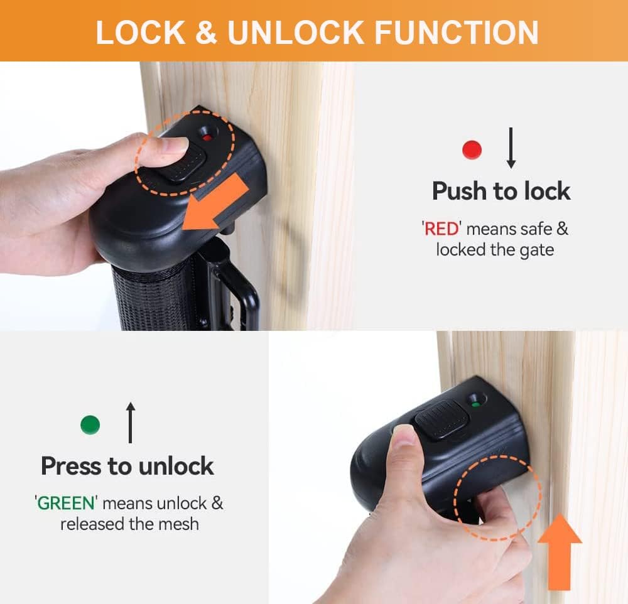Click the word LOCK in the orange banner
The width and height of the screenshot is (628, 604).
point(140,32)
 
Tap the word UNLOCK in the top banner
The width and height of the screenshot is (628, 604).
point(295,32)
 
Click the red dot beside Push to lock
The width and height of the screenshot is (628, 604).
point(472,149)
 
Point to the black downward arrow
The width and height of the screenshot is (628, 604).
point(511,148)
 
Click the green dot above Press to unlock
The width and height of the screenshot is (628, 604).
point(90,425)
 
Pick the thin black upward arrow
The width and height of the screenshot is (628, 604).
point(131,423)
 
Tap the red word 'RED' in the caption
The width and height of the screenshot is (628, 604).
point(441,229)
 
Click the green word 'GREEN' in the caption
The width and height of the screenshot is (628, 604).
point(67,503)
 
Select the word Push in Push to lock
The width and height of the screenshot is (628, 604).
point(463,191)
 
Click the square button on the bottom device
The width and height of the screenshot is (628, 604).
point(440,419)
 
